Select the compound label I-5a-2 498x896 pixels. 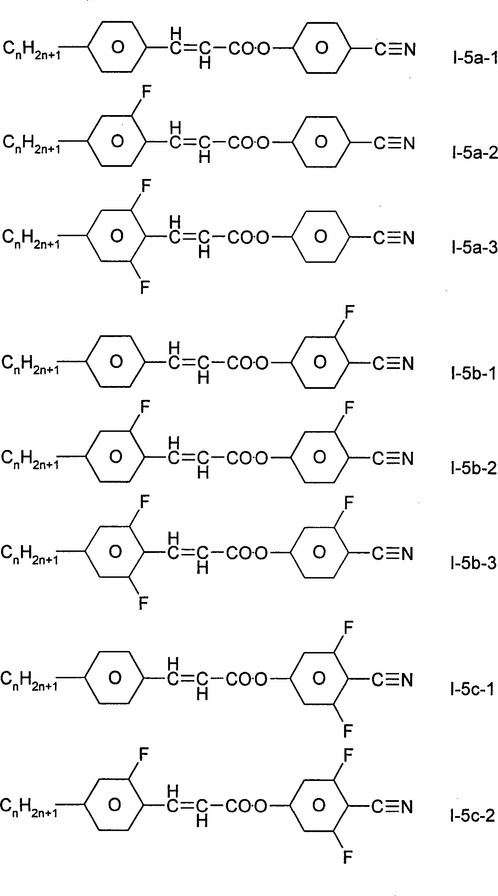(475, 154)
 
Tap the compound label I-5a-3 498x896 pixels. (474, 248)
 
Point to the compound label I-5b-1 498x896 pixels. (474, 374)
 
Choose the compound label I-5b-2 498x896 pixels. (474, 469)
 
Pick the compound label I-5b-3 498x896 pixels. (473, 564)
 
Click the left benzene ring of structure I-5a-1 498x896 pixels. (117, 47)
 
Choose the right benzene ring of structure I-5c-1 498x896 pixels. (319, 678)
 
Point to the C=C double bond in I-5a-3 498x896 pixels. (189, 237)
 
